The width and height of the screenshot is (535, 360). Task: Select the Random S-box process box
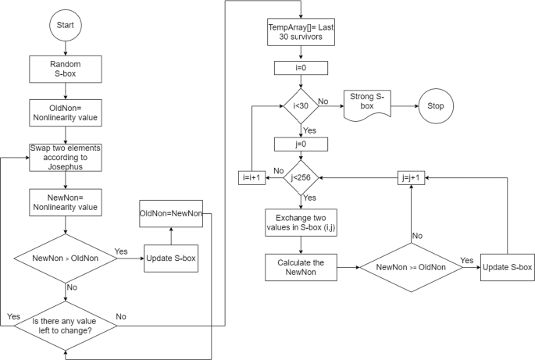pos(65,69)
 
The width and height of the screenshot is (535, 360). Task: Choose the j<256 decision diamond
pos(301,178)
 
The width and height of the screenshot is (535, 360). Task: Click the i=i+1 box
pos(253,178)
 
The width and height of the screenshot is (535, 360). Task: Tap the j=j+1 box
pos(412,177)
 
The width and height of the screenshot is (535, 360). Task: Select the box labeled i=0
pos(301,68)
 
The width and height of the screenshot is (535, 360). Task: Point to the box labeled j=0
pos(301,144)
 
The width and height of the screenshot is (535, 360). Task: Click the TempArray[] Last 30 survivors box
pos(301,33)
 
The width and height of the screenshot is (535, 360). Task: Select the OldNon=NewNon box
pos(170,213)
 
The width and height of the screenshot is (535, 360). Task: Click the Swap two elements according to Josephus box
pos(65,157)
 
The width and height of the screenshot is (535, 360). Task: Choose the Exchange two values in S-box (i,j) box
pos(301,223)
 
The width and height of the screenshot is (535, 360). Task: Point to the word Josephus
pos(65,166)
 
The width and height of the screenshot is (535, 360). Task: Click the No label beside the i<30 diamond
pos(323,101)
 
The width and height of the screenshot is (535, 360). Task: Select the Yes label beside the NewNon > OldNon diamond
pos(122,251)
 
